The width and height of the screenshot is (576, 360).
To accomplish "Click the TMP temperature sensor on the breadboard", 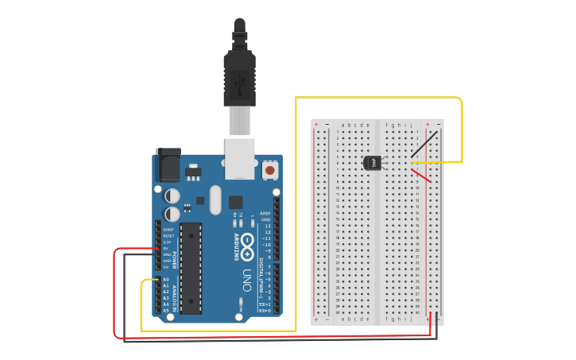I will [373, 163].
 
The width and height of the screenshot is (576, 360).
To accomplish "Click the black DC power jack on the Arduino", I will [168, 165].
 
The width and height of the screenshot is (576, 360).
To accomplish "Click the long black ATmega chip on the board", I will [191, 268].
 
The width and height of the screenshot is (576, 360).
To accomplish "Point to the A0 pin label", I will [166, 280].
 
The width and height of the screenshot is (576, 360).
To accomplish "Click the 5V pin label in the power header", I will [166, 248].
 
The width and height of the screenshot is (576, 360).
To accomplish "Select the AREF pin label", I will [265, 213].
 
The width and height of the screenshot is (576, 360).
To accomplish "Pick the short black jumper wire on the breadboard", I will [423, 145].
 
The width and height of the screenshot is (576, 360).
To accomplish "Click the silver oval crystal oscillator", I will [215, 201].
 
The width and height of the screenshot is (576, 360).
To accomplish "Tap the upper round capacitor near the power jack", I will [172, 195].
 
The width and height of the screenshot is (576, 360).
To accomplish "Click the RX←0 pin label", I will [265, 311].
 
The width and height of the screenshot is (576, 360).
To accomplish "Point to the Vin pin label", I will [166, 267].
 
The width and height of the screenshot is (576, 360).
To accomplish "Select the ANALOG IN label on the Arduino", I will [173, 295].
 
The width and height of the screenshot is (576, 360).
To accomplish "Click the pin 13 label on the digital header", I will [266, 226].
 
